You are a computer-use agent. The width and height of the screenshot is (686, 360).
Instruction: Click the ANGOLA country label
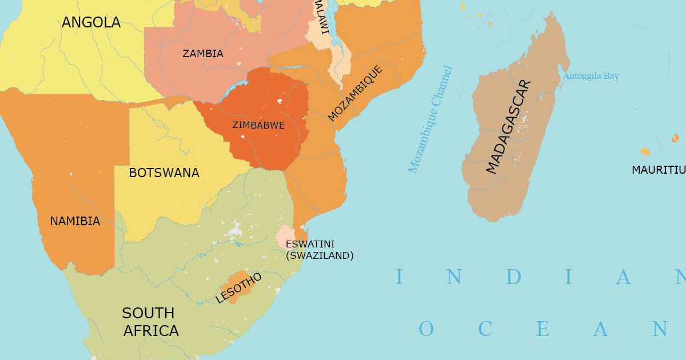pos(91,22)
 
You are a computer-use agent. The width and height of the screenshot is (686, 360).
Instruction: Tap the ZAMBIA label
pos(202,54)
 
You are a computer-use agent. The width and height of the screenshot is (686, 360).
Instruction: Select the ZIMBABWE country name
pos(258,125)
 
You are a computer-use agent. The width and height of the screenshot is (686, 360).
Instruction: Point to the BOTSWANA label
pos(164,173)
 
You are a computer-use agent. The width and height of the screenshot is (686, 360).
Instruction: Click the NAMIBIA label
pos(75,221)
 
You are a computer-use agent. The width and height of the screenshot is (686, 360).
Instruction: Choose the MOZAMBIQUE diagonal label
pos(354,93)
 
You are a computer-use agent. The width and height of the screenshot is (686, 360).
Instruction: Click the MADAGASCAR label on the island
pos(508,126)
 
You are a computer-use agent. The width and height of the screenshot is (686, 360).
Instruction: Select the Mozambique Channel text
pos(430,119)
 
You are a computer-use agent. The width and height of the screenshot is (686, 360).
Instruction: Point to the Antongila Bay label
pos(591,76)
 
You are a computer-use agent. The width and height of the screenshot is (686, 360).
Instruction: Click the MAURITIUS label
pos(658,170)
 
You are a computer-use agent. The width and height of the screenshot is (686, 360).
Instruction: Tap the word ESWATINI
pos(310,244)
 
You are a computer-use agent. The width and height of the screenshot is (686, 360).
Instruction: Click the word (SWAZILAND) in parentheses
pos(320,255)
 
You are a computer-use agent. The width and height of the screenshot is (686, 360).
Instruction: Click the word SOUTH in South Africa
pos(148,313)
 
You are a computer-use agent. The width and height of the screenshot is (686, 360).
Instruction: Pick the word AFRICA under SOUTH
pos(151,331)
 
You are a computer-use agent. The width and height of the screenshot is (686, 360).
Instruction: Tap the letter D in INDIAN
pos(513,278)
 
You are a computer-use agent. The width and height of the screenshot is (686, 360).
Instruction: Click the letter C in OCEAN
pos(485,329)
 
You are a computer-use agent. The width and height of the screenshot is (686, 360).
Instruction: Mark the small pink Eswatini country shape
pos(285,235)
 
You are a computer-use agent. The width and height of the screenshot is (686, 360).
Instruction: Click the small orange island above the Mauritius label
pos(645,151)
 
